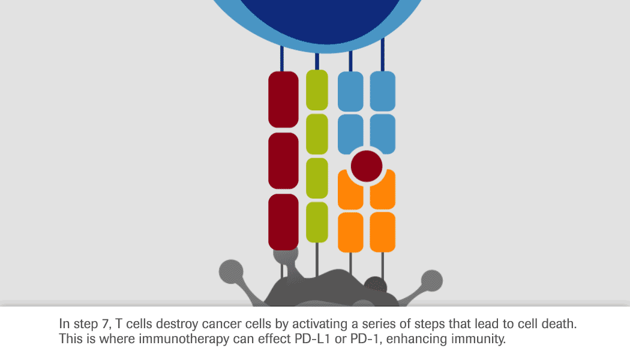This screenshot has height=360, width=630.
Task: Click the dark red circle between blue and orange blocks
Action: [x=367, y=166]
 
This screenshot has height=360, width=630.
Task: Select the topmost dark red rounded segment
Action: [x=283, y=100]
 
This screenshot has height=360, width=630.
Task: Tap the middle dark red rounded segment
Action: [x=283, y=161]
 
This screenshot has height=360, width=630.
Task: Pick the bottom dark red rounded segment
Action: [x=283, y=222]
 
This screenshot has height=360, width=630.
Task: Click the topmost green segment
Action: [x=317, y=90]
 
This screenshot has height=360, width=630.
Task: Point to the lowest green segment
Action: [x=317, y=222]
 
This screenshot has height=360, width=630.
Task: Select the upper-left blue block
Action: [x=350, y=92]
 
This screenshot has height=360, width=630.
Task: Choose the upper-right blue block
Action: [x=383, y=92]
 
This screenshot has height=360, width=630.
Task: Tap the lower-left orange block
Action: [x=350, y=232]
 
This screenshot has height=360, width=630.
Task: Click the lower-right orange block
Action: [x=383, y=232]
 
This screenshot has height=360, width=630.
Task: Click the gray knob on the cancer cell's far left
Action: [x=231, y=272]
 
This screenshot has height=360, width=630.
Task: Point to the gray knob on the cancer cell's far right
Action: [x=432, y=281]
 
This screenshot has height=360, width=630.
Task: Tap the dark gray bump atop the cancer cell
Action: [x=375, y=285]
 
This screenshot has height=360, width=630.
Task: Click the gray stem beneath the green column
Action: [x=317, y=260]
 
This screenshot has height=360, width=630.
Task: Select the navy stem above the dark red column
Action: [x=281, y=59]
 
